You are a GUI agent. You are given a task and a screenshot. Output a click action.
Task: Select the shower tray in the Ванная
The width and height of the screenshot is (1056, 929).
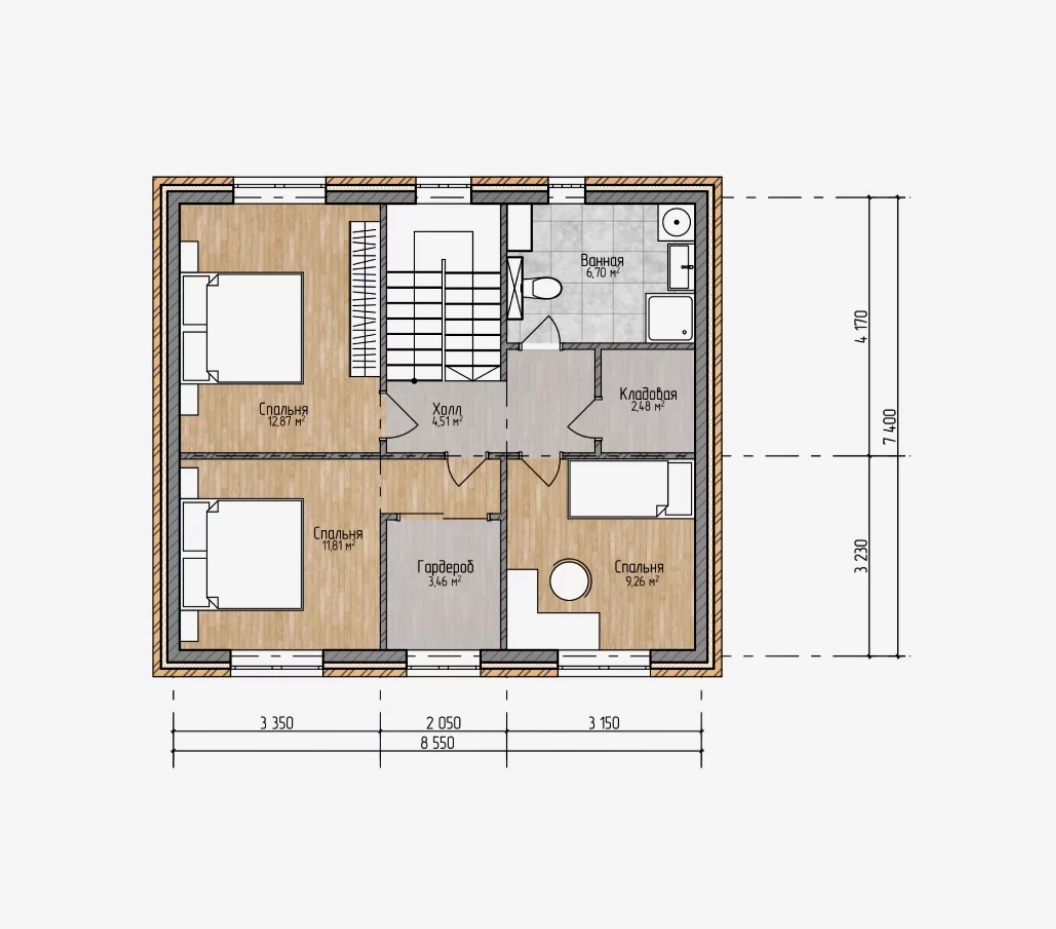tap(669, 317)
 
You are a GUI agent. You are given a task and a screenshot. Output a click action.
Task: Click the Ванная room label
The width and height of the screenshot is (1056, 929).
tap(602, 260)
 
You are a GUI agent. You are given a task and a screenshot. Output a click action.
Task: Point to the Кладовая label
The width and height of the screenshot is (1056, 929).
tap(648, 393)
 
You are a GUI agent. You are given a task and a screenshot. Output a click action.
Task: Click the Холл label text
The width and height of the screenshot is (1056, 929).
tap(447, 409)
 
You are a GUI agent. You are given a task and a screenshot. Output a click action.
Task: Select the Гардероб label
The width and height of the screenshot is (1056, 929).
tap(445, 567)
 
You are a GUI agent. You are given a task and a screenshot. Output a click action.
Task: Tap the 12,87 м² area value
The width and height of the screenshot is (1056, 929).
tap(286, 422)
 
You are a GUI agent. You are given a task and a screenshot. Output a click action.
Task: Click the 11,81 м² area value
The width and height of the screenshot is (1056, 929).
tap(339, 546)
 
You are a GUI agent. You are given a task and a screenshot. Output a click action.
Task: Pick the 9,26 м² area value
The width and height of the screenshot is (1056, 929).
tap(642, 581)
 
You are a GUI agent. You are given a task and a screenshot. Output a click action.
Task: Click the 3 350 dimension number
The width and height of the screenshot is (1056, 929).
tap(277, 724)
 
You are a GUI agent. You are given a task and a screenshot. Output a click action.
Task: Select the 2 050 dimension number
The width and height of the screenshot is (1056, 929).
tap(443, 724)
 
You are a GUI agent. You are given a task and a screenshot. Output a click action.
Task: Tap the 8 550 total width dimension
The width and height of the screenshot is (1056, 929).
tap(437, 743)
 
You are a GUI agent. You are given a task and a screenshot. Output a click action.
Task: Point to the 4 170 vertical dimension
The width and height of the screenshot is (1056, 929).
tap(861, 327)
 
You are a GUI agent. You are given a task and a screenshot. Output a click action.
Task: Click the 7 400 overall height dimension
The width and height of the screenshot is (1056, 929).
tap(890, 426)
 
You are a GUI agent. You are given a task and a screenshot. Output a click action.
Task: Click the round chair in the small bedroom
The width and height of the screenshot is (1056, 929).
tap(570, 580)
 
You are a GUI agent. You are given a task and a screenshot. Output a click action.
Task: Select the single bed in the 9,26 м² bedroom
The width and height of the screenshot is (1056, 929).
tap(630, 489)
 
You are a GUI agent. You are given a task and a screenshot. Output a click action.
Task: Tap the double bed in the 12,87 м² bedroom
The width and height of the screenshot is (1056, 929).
tap(242, 327)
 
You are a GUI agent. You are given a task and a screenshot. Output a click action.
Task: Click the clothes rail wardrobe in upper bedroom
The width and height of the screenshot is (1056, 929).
tap(364, 298)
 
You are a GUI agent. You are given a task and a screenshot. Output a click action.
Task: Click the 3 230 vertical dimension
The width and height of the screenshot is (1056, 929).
tap(861, 556)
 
